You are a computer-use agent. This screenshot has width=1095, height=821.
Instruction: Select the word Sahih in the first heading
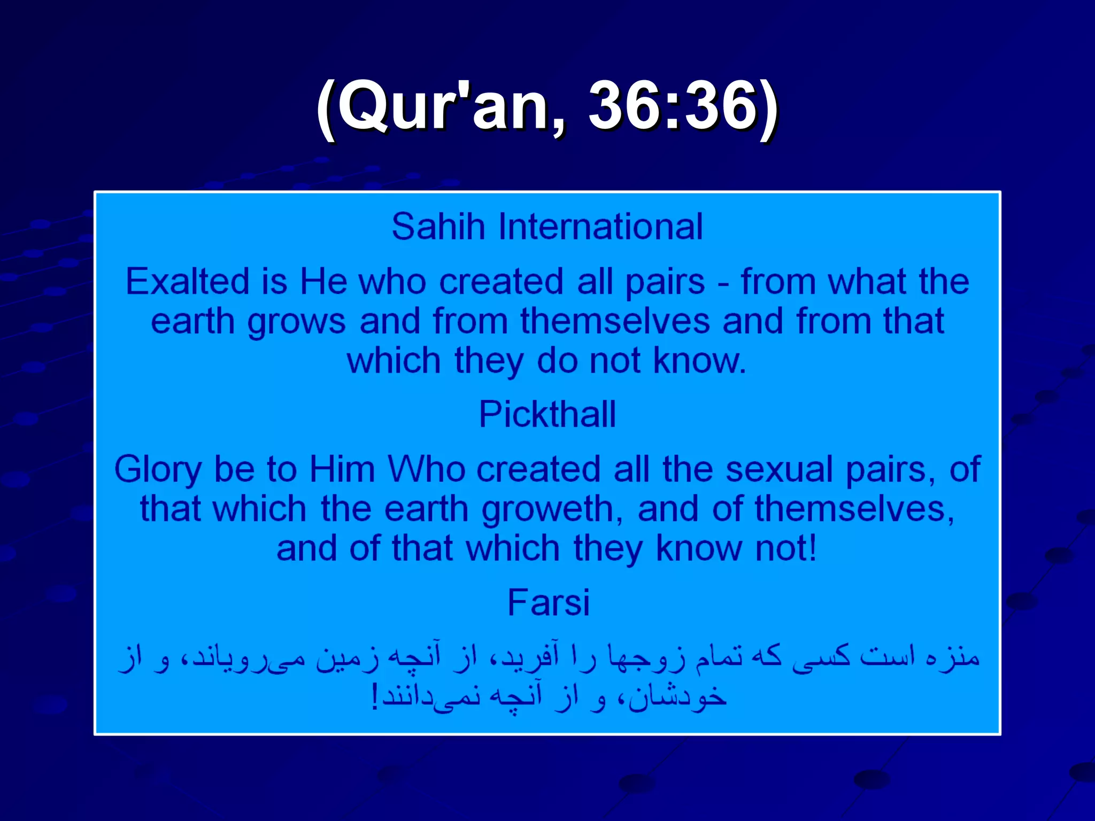tap(438, 227)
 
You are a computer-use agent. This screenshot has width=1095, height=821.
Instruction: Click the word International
tap(600, 227)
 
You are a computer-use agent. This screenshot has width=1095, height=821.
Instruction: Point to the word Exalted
tap(187, 282)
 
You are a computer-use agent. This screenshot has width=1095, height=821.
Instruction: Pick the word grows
tap(296, 323)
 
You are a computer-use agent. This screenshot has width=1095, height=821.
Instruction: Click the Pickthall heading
tap(547, 414)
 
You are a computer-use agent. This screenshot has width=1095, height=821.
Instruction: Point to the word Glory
tap(158, 470)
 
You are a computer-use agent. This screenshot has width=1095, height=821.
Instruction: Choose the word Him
tap(342, 469)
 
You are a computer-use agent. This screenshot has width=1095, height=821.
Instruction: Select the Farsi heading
tap(549, 602)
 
